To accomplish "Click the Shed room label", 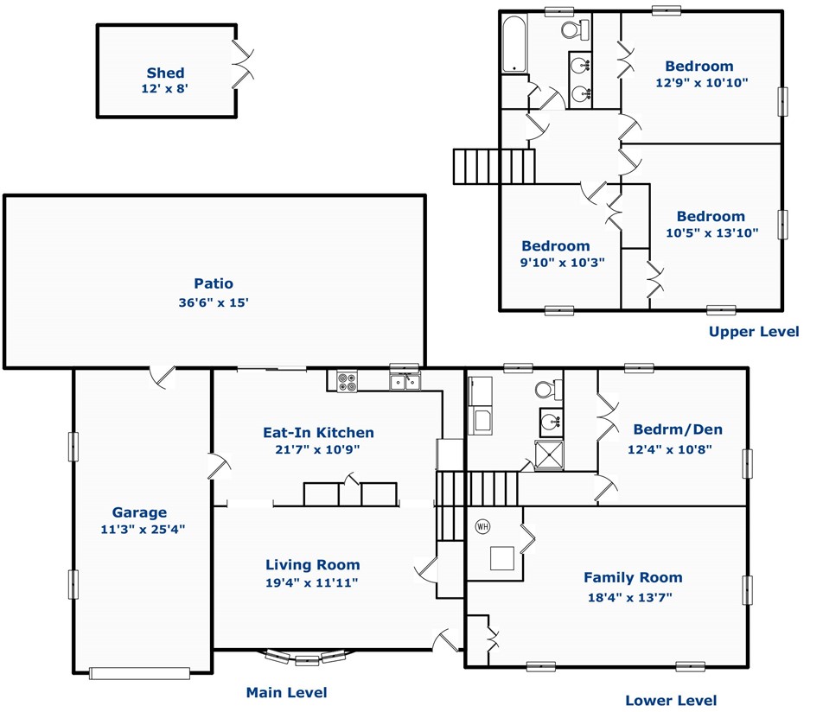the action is point(165,73).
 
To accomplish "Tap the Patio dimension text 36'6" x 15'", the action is point(213,302).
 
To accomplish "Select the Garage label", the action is point(140,512).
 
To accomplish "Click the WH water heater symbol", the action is point(482,525).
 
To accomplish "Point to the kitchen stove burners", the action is point(347,381).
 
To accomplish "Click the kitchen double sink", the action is point(405,381).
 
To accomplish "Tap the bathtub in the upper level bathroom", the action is point(514,43).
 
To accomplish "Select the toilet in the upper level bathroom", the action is point(575,30).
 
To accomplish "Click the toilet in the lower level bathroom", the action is point(548,390).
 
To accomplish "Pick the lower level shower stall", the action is point(549,455).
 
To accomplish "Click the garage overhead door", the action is point(140,673).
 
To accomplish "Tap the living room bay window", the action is point(307,658).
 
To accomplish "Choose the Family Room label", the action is point(633,578).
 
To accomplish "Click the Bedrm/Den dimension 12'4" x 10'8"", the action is point(670,449).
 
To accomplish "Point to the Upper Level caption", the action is point(754,332).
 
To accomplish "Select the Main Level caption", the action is point(287,693).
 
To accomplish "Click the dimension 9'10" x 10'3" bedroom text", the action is point(562,263).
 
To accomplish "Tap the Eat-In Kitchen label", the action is point(319,432).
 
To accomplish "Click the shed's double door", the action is point(242,64).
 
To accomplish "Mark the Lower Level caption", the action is point(671,701).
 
